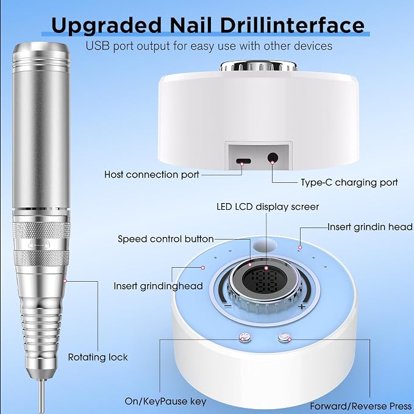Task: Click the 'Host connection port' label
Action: (152, 174)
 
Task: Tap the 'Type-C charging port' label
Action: (349, 182)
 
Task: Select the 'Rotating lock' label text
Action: (98, 357)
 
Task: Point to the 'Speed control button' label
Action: (166, 239)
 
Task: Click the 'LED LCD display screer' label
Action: (268, 207)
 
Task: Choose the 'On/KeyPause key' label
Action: (166, 401)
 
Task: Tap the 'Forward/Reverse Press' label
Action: (361, 406)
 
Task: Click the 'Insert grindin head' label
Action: (370, 227)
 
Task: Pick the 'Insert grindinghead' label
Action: (158, 286)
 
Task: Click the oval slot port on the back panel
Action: (243, 161)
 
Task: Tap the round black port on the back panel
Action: (273, 158)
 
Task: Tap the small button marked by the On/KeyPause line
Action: (244, 338)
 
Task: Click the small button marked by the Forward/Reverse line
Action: (284, 338)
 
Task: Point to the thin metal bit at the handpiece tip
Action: (41, 396)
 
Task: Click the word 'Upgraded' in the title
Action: (106, 26)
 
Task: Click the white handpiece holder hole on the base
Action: (265, 245)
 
